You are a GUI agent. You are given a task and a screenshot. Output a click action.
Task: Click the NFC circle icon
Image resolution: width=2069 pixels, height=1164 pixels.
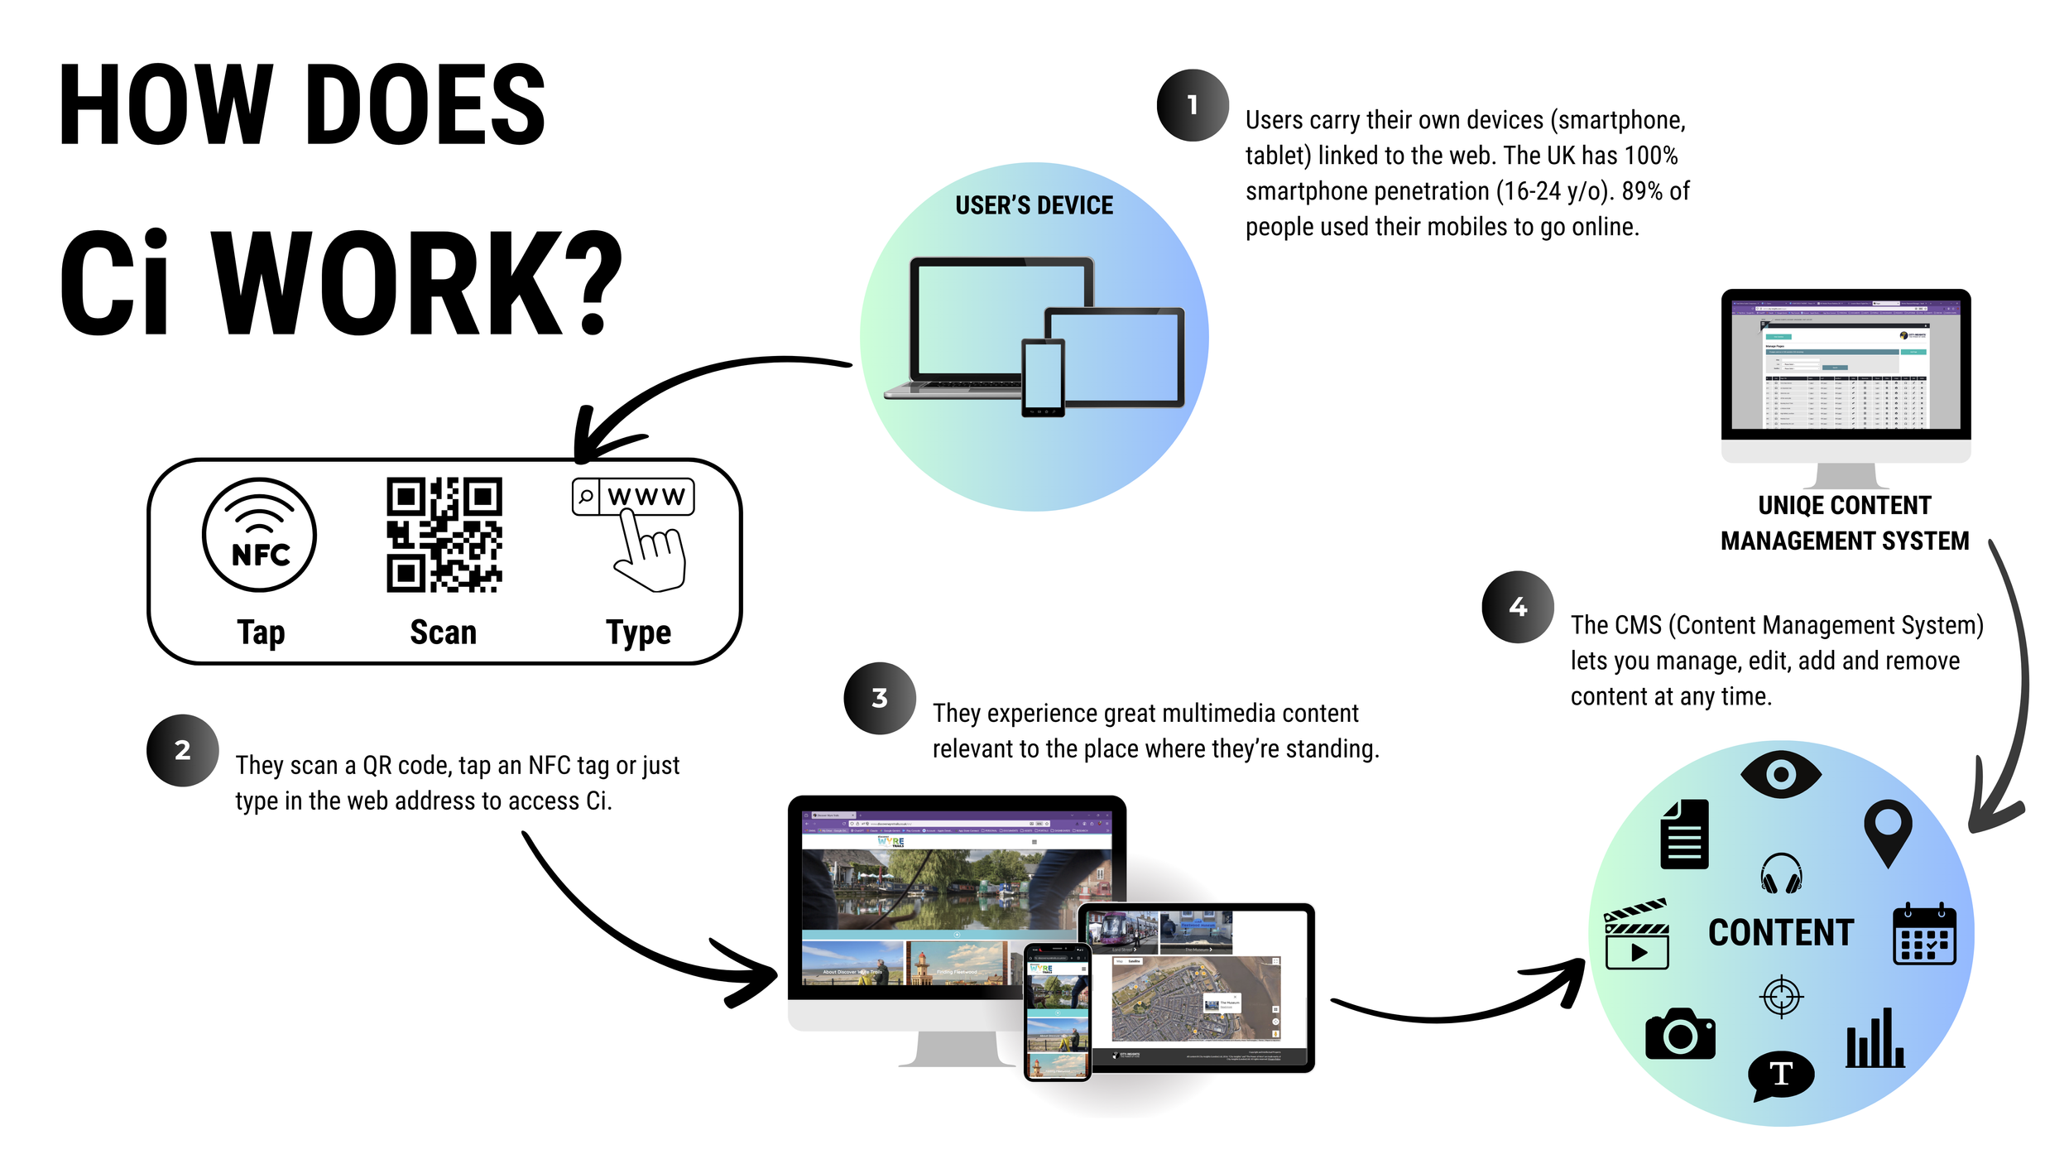coord(259,535)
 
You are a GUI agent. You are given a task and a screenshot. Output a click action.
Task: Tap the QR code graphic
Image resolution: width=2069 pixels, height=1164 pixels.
coord(444,535)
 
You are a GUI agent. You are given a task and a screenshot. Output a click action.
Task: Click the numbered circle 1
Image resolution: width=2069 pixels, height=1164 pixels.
coord(1193,105)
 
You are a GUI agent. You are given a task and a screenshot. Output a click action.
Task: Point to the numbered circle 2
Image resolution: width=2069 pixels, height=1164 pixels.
coord(183,750)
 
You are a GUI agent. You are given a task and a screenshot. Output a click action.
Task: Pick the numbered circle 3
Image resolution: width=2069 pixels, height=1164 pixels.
coord(880,698)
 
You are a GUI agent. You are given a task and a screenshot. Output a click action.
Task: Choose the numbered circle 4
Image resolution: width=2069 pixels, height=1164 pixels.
coord(1518,607)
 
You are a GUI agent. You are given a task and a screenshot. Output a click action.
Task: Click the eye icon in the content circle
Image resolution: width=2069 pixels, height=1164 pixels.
coord(1781,775)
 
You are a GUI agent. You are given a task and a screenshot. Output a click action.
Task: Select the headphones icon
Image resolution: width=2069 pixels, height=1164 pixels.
coord(1781,873)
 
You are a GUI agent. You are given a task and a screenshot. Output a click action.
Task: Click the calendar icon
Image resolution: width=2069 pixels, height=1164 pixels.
coord(1924,935)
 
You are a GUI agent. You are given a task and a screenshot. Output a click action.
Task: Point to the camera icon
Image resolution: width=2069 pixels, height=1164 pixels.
coord(1680,1034)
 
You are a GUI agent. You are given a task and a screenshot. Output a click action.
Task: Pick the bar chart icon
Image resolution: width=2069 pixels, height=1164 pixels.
coord(1875,1038)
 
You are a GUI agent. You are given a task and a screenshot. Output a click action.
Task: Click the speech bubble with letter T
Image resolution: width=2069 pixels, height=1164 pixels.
coord(1781,1075)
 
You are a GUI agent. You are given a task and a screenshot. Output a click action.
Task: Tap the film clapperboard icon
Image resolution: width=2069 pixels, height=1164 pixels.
coord(1636,935)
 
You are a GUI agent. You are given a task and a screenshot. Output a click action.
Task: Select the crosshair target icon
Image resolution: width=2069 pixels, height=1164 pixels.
coord(1781,996)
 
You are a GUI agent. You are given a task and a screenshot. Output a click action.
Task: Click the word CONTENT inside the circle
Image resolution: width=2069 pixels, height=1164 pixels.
coord(1781,933)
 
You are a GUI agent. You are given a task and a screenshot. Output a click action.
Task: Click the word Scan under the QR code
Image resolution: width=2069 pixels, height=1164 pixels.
coord(444,633)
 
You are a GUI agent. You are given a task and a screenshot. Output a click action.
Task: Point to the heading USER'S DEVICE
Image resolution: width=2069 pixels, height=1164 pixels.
coord(1034,205)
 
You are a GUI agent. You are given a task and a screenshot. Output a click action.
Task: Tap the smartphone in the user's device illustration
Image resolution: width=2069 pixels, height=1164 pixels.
coord(1043,378)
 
